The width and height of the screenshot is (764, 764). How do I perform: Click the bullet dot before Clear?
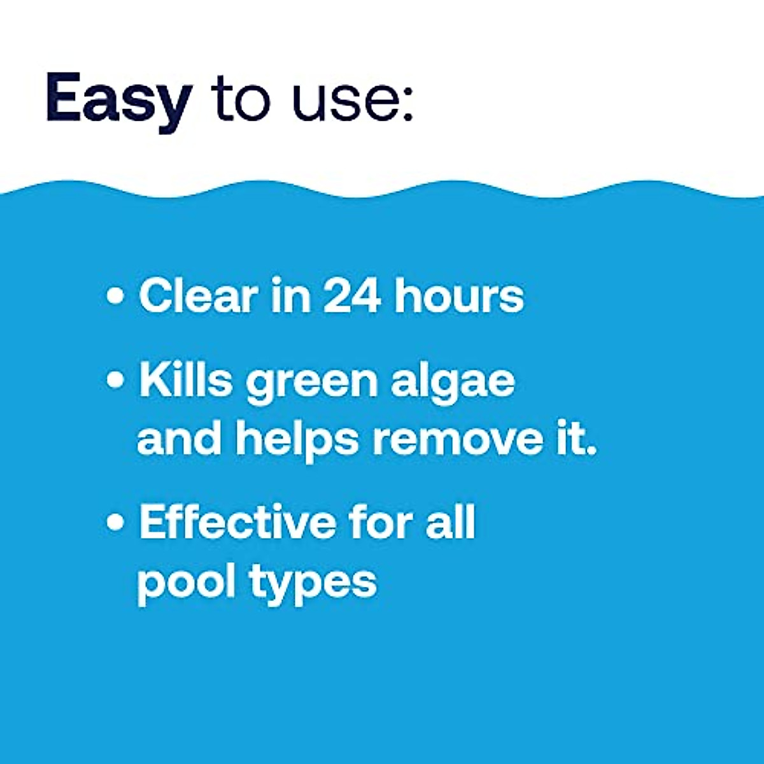[115, 297]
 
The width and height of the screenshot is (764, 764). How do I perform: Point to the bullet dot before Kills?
[115, 381]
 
